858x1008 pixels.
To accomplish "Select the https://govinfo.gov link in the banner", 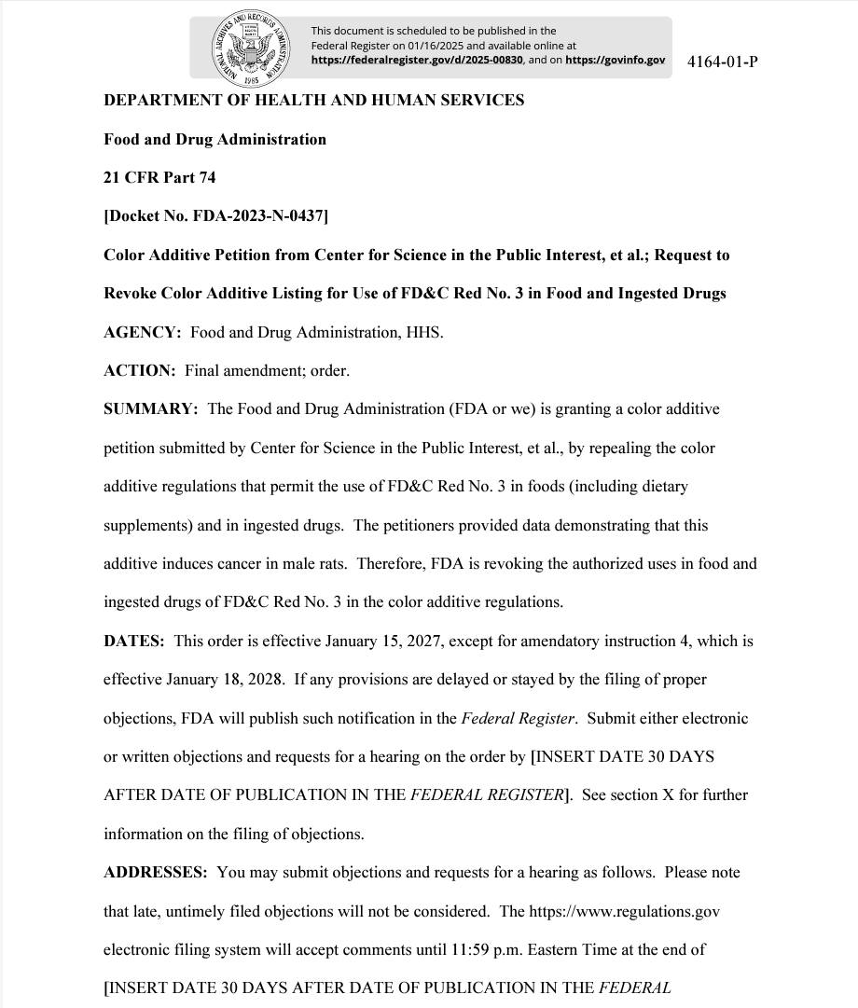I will click(615, 60).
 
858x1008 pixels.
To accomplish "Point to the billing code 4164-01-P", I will click(722, 62).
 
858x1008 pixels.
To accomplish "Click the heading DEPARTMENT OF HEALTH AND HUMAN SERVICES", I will click(313, 100).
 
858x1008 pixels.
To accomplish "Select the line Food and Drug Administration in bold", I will click(214, 139).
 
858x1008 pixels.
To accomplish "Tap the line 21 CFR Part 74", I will click(159, 177).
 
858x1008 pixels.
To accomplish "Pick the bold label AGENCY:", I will click(142, 332).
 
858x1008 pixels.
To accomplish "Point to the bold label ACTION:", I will click(139, 370).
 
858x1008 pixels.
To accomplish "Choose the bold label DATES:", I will click(133, 642).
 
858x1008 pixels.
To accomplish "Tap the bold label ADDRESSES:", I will click(155, 873).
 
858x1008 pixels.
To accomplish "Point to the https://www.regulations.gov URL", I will click(624, 911).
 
